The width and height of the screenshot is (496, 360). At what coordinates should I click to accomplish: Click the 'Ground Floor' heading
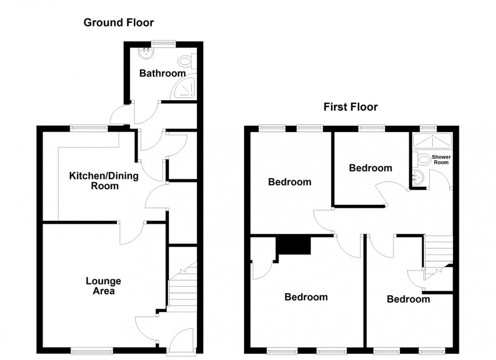(118, 22)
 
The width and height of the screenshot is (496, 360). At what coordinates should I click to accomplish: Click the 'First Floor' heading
(351, 107)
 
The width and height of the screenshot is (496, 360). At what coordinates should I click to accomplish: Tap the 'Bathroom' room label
(162, 73)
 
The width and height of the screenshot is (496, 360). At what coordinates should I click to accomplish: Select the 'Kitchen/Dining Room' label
(94, 181)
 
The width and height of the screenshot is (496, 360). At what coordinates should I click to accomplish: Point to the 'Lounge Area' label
(103, 286)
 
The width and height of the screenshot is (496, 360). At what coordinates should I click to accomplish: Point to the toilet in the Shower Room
(422, 159)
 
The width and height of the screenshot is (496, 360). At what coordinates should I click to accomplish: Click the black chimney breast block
(292, 247)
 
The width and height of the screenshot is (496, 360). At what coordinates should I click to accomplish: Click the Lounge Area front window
(92, 349)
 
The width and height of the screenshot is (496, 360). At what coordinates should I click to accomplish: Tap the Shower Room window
(429, 128)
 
